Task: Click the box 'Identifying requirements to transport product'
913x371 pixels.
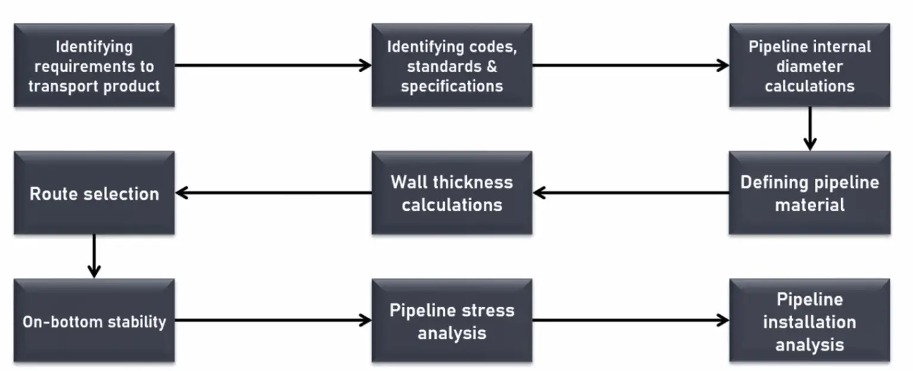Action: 94,65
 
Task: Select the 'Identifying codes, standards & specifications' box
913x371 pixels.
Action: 452,65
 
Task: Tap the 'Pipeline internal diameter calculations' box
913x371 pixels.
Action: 810,65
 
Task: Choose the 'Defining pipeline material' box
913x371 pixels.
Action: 810,193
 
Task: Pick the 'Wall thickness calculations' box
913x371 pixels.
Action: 452,193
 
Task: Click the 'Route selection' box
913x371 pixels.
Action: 94,193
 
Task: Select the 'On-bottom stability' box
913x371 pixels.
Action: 94,321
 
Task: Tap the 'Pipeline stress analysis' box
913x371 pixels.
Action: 452,321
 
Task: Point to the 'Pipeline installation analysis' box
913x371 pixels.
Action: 810,321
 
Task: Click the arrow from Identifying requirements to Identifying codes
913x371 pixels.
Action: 273,65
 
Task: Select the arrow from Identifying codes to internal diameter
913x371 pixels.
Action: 631,65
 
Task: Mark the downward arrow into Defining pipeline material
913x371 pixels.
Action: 810,129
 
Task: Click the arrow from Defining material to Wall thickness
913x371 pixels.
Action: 631,193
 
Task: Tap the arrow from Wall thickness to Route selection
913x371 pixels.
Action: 273,193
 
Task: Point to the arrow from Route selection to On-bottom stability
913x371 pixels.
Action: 94,256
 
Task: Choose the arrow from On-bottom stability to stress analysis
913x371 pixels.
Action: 273,321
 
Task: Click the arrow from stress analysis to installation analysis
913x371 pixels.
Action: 631,321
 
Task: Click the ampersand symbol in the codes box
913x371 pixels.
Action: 492,66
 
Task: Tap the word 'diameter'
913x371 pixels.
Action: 810,66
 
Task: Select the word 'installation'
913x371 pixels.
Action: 810,322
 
